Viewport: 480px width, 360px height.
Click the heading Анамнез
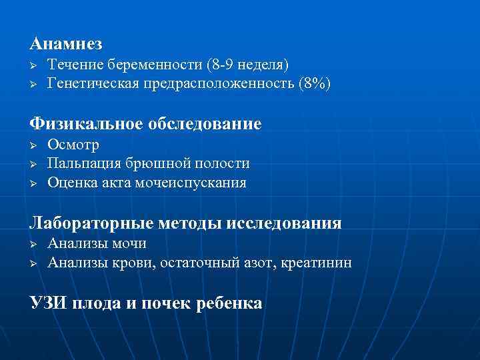66,44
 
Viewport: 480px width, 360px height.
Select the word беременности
157,65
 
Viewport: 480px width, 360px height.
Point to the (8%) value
314,83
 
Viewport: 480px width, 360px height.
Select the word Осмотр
73,145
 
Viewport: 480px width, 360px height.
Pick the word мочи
130,243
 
